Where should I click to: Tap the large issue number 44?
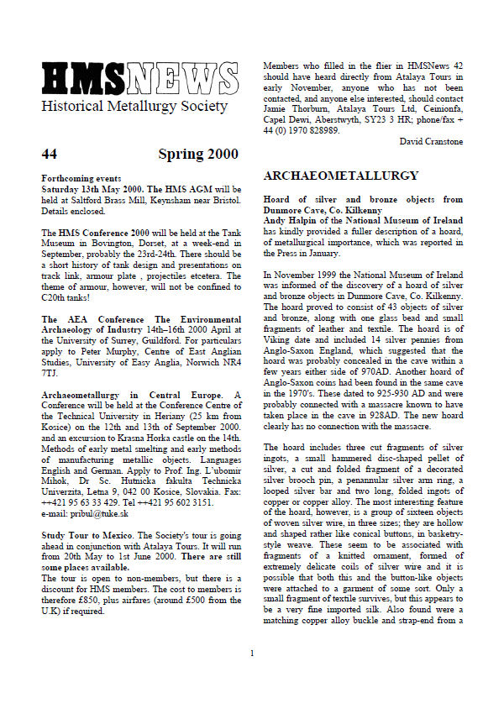[49, 155]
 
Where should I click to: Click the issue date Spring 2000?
[197, 155]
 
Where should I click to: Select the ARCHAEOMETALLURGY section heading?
[341, 176]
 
